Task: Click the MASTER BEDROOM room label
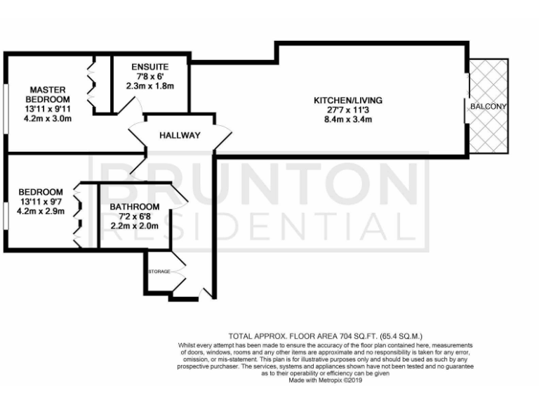pyautogui.click(x=47, y=94)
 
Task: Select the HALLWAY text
pyautogui.click(x=180, y=136)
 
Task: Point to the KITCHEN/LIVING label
pyautogui.click(x=348, y=101)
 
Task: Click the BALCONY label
pyautogui.click(x=489, y=106)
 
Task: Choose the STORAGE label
pyautogui.click(x=159, y=271)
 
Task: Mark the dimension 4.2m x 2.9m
pyautogui.click(x=41, y=211)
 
